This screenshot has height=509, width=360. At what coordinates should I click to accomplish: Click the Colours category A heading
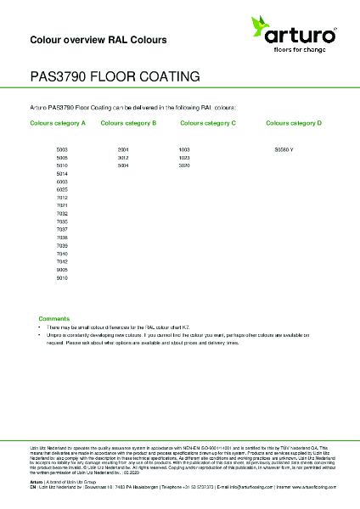pos(58,123)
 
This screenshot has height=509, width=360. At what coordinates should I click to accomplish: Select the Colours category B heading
pos(128,123)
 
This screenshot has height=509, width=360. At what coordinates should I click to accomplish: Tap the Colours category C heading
pos(208,123)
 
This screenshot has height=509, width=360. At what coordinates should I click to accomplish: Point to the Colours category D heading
pos(294,123)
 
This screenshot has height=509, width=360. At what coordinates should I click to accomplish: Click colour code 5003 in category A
pos(62,149)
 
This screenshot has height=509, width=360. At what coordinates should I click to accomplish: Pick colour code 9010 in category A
pos(62,277)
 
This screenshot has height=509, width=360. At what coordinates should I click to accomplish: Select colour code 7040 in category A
pos(62,254)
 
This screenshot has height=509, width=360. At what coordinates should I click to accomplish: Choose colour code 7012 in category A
pos(62,197)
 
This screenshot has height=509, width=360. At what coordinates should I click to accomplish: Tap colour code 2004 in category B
pos(123,149)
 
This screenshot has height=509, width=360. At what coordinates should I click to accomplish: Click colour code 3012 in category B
pos(123,158)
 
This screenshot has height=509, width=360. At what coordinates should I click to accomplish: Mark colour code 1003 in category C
pos(184,149)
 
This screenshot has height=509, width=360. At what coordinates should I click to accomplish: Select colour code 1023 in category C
pos(184,158)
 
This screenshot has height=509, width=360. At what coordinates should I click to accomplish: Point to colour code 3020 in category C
pos(184,165)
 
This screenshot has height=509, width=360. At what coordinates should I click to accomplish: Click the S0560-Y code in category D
pos(284,149)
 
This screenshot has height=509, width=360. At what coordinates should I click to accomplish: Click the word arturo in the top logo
pos(303,34)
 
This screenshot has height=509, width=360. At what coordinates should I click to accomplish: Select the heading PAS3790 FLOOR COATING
pos(115,76)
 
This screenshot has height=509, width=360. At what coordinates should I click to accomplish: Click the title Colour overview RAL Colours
pos(98,40)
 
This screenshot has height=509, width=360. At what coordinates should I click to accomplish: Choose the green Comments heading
pos(53,317)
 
